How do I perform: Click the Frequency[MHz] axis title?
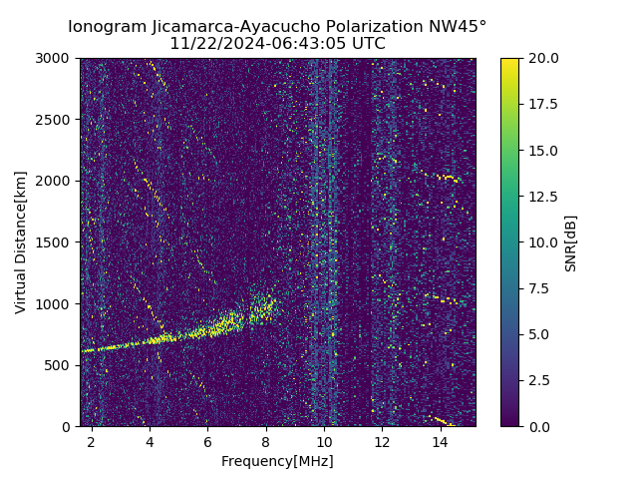277,461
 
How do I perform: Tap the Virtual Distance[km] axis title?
21,242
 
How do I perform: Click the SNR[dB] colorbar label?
570,242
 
